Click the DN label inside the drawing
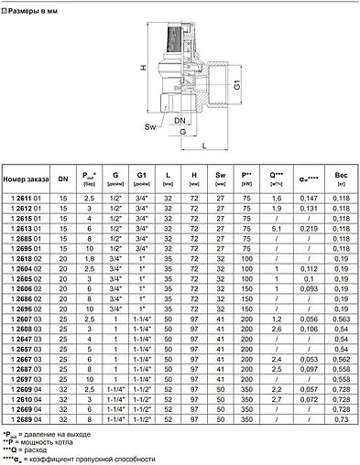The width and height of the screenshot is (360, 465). (180, 120)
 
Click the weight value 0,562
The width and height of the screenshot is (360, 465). (341, 362)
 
